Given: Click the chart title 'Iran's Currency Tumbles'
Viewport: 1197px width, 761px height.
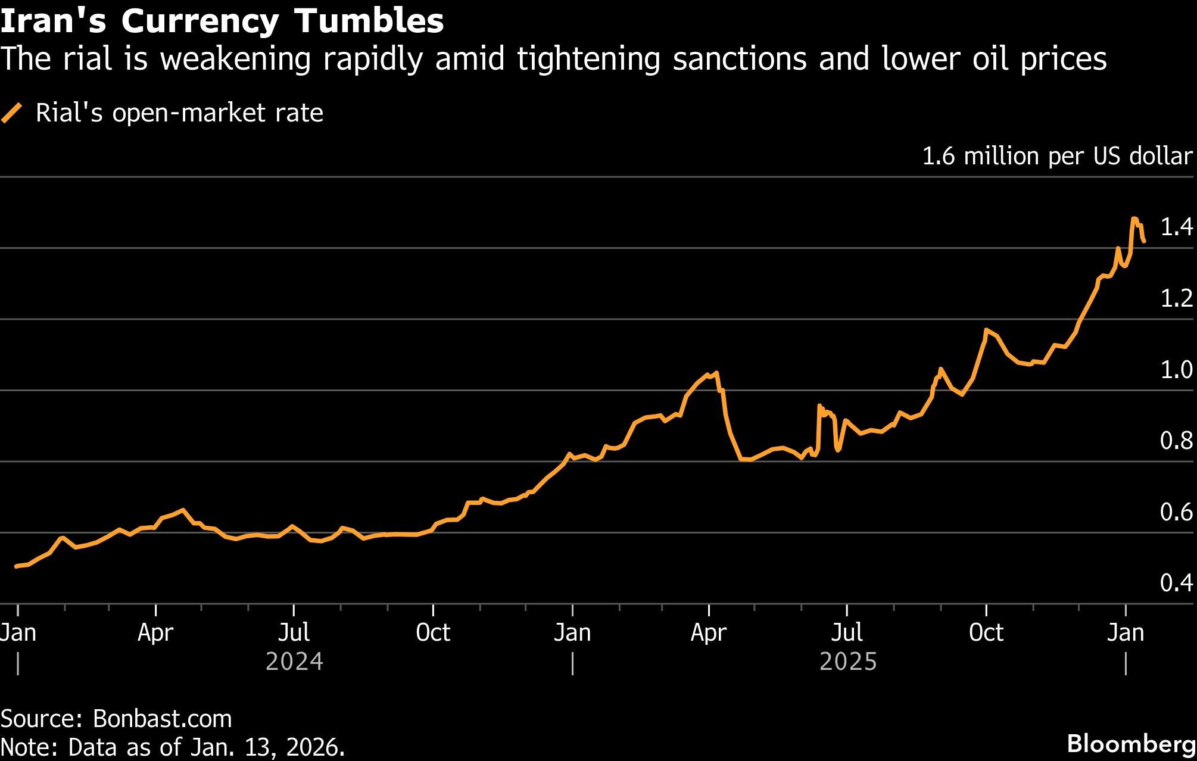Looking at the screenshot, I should (x=222, y=21).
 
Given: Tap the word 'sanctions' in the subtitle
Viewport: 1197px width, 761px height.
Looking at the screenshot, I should (x=740, y=59).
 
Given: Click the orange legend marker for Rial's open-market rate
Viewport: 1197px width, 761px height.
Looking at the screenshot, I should (x=12, y=113).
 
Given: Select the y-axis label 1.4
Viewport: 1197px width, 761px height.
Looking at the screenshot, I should (x=1176, y=227).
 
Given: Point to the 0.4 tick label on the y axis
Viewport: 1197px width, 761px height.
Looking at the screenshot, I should (x=1176, y=582).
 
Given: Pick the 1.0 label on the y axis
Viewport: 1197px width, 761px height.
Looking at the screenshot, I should (x=1176, y=370).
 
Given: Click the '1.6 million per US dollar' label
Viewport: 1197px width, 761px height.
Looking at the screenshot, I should (x=1057, y=156).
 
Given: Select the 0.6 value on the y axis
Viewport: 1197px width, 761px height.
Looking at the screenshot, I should (x=1176, y=512).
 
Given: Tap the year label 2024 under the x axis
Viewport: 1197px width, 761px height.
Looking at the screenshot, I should (x=294, y=662).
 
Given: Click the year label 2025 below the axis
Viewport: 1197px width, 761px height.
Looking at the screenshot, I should (x=848, y=662).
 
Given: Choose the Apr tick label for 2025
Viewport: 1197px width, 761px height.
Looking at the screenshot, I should (x=708, y=632).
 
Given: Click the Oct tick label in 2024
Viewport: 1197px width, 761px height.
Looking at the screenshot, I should (x=433, y=632).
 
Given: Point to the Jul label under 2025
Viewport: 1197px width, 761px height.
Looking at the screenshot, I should (x=847, y=632).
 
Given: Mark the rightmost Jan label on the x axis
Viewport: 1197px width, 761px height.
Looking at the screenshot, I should (x=1125, y=632).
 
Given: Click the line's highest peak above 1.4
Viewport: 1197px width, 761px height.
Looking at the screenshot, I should (x=1134, y=219).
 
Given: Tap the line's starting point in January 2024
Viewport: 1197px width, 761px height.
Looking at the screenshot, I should (x=17, y=566).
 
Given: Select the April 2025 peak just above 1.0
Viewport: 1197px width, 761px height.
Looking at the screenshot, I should (x=716, y=373).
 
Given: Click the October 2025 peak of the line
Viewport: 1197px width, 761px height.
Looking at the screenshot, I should (x=986, y=329).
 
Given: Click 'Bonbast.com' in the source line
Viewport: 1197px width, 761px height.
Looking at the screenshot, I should (x=162, y=719).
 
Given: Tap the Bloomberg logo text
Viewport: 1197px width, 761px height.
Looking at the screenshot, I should (x=1131, y=743).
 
